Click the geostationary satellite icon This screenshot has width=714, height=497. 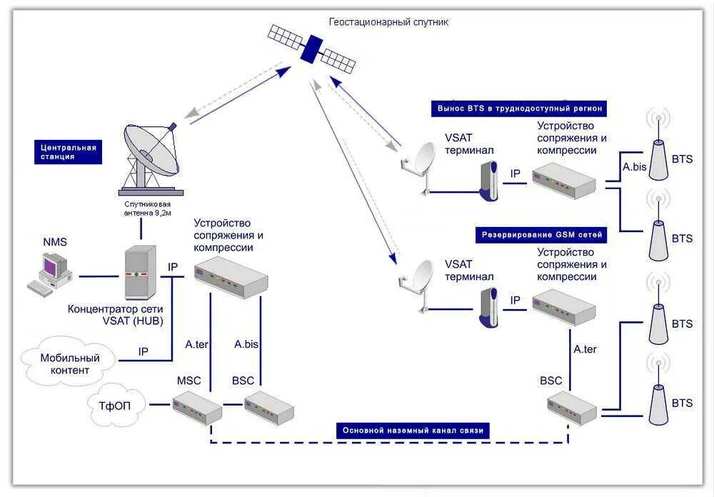pos(312,49)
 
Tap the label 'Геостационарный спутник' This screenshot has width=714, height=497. pos(388,22)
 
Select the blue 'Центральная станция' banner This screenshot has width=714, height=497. pos(69,151)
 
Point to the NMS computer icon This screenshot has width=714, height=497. pos(50,274)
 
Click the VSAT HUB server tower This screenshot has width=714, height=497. pos(140,272)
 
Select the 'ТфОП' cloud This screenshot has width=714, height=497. pos(116,404)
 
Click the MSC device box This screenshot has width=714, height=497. pos(197,408)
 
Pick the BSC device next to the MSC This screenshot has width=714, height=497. pos(269,408)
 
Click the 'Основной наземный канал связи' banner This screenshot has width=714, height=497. pos(413,431)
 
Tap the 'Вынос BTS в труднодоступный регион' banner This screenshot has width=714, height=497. pos(519,109)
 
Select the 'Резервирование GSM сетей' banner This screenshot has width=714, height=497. pos(541,235)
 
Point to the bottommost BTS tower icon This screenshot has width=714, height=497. pos(658,389)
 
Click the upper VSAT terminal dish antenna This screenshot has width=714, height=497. pos(418,167)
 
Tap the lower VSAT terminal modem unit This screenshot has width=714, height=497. pos(488,308)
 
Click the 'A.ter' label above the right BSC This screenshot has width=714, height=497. pos(585,349)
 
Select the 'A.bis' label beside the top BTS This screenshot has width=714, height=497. pos(634,167)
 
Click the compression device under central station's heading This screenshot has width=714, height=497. pos(231,278)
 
